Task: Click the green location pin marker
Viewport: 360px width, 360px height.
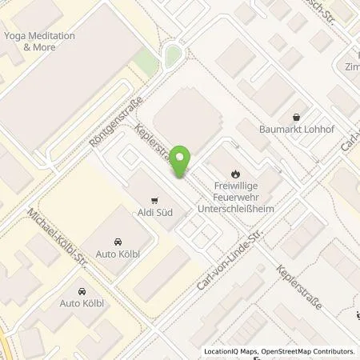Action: click(182, 162)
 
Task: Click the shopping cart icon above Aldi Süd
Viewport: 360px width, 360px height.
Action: click(154, 201)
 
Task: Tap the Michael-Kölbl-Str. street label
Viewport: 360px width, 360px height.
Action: click(57, 236)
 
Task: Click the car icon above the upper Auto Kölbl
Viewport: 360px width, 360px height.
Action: click(118, 242)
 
